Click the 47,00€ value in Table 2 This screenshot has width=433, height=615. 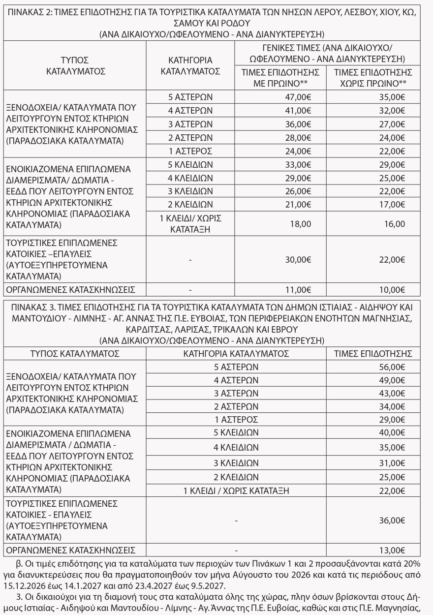coord(300,97)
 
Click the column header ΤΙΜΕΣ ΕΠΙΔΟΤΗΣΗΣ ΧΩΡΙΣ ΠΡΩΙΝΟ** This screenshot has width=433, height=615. coord(373,78)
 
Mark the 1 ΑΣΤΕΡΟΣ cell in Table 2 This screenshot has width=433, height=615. coord(190,150)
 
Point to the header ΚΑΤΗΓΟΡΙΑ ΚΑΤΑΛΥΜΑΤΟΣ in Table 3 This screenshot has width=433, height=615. coord(236,353)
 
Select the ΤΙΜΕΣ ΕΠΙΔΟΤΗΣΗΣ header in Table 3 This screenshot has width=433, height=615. coord(373,353)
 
